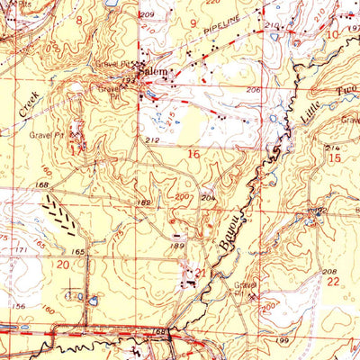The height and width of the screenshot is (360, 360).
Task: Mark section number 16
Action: click(193, 154)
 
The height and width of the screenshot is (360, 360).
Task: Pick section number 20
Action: click(62, 265)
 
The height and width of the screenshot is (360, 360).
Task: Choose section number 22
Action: click(333, 281)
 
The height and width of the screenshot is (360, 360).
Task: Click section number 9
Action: click(192, 22)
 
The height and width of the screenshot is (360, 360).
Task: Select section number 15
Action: click(335, 157)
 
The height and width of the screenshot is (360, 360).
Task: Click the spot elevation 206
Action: click(253, 91)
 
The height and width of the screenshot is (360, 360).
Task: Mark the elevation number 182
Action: click(143, 203)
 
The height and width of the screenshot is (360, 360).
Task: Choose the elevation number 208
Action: click(329, 270)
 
